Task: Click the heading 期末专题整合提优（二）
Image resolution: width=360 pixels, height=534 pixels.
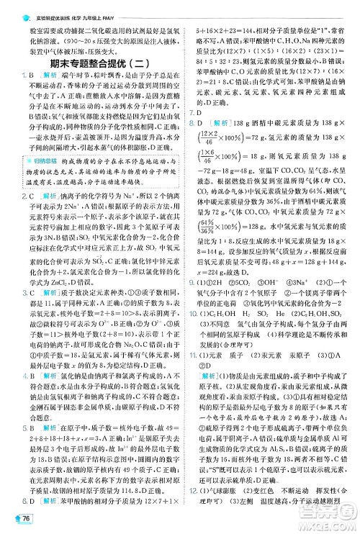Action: (x=90, y=55)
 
